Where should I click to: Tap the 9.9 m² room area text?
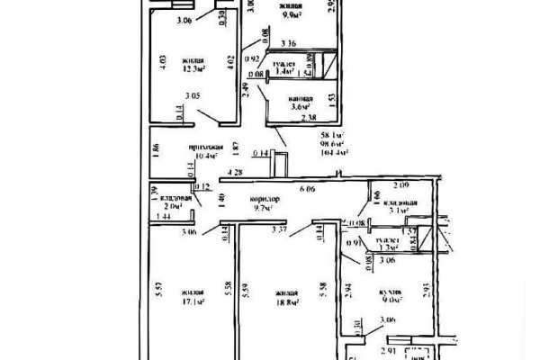pos(290,16)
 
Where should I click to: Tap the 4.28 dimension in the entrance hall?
pos(236,170)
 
